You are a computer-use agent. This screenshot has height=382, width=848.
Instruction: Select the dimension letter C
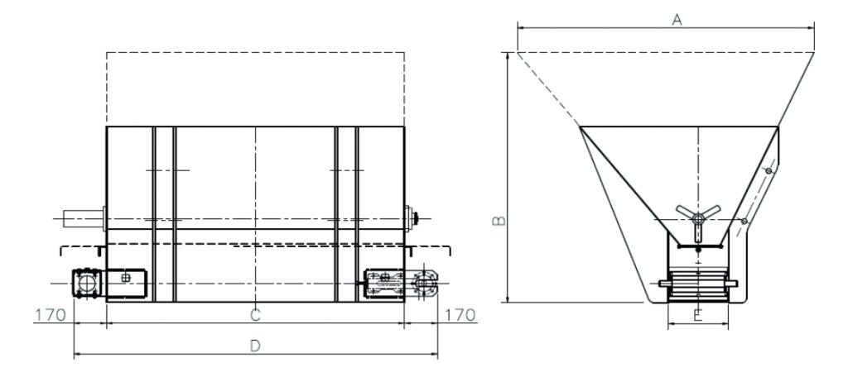coord(256,314)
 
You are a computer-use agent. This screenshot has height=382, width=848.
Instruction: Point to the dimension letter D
coord(256,346)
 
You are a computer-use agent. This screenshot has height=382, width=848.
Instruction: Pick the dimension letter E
coord(698,315)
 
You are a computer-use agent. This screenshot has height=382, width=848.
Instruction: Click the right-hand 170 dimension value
coord(461,315)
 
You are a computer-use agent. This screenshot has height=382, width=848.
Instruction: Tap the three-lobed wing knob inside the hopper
coord(698,215)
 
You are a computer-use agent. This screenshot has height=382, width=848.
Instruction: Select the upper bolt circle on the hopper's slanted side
coord(769,170)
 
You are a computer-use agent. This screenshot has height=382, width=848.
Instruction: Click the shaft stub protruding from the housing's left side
coord(84,218)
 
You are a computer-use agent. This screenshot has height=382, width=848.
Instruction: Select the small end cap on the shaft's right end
coord(413,218)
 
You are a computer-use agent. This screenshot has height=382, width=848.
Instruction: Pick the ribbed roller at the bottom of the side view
coord(698,285)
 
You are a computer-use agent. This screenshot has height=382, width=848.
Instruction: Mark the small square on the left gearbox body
coord(125,279)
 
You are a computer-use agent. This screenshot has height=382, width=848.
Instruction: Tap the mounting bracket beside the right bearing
coord(385,283)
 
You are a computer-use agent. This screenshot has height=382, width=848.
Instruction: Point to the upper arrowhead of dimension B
coord(505,56)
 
